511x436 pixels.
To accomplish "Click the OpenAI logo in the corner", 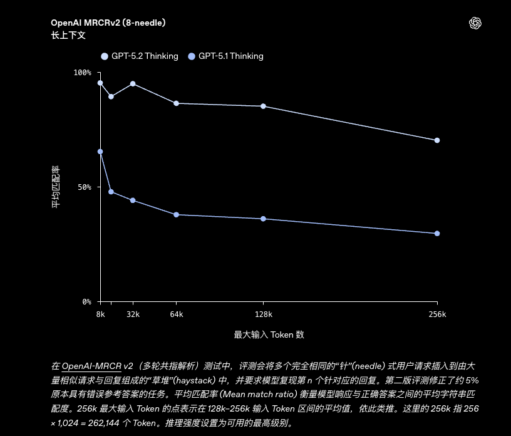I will pos(475,23).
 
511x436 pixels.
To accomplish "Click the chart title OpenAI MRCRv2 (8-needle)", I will pos(108,23).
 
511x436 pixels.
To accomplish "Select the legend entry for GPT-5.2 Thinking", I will pos(140,56).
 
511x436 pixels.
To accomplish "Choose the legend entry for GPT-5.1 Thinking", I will pos(225,56).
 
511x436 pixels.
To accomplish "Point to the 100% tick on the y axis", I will pos(83,73).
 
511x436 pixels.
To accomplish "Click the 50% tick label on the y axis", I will pos(85,187).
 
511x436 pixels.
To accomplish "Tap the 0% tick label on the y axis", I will pos(86,302).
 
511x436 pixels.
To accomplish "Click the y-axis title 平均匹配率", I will pos(56,187).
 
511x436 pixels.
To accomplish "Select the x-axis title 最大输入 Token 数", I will pos(269,335).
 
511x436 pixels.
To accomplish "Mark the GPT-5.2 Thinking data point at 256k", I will pos(437,140).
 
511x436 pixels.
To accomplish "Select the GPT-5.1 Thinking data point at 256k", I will pos(437,234).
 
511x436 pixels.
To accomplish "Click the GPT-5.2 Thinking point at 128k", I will pos(263,106).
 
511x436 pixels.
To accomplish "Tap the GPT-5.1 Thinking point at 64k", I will pos(176,215).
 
